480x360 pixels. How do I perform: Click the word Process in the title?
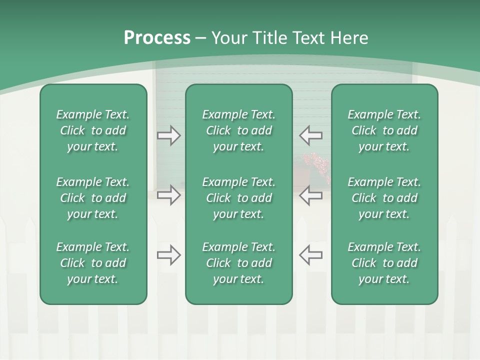pos(157,38)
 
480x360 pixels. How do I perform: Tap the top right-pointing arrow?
pos(168,135)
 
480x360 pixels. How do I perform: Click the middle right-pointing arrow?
pos(168,195)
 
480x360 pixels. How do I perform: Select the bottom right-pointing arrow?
pos(168,255)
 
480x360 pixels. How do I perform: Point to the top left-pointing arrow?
pos(310,135)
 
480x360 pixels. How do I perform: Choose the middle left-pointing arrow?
pos(310,195)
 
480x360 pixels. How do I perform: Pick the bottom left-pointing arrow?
pos(310,255)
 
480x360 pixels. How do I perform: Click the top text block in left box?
pos(93,130)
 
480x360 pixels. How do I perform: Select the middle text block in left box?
pos(93,198)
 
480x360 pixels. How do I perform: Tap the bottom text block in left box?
pos(93,263)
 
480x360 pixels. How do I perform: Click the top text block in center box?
pos(238,130)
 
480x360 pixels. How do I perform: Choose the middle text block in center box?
pos(238,198)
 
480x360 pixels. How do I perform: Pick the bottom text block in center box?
pos(238,263)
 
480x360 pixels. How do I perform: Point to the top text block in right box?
pos(384,130)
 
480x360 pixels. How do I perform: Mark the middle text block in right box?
pos(384,198)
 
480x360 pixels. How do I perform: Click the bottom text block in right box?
pos(384,263)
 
